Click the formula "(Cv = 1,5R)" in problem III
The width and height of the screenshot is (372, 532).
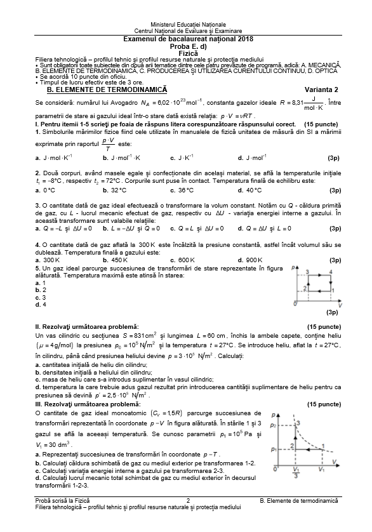[167, 413]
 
